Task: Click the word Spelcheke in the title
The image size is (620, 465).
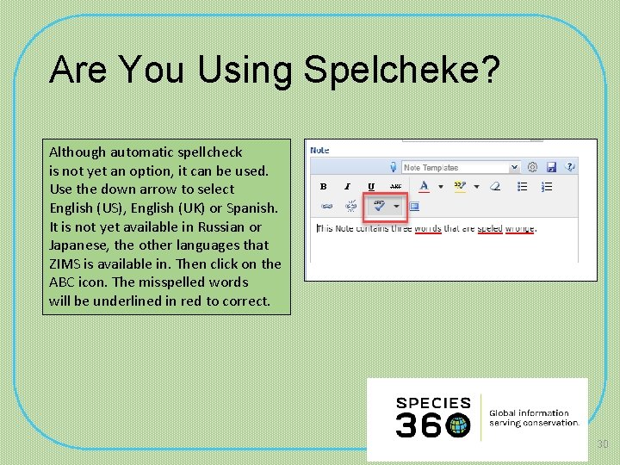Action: [x=400, y=70]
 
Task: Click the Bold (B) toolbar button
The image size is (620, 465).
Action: [x=324, y=186]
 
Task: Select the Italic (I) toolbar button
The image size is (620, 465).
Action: [x=348, y=186]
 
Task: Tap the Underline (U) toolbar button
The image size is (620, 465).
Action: [x=371, y=186]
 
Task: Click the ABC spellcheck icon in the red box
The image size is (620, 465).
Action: [x=378, y=206]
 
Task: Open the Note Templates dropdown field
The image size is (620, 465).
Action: [x=461, y=167]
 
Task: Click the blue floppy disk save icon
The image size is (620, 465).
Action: [x=551, y=167]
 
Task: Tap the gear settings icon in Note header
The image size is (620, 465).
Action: [x=532, y=167]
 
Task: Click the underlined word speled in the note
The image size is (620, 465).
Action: [x=489, y=228]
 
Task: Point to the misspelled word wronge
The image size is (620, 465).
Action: [x=520, y=228]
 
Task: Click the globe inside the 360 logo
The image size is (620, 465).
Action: [x=459, y=425]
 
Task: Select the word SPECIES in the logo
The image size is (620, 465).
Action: [x=433, y=402]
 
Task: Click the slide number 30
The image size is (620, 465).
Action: [x=603, y=443]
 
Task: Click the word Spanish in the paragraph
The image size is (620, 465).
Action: [x=251, y=208]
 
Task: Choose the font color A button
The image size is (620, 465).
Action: [x=424, y=186]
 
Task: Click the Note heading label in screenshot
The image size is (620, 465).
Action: [x=319, y=150]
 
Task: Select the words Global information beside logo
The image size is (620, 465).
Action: [x=530, y=412]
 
